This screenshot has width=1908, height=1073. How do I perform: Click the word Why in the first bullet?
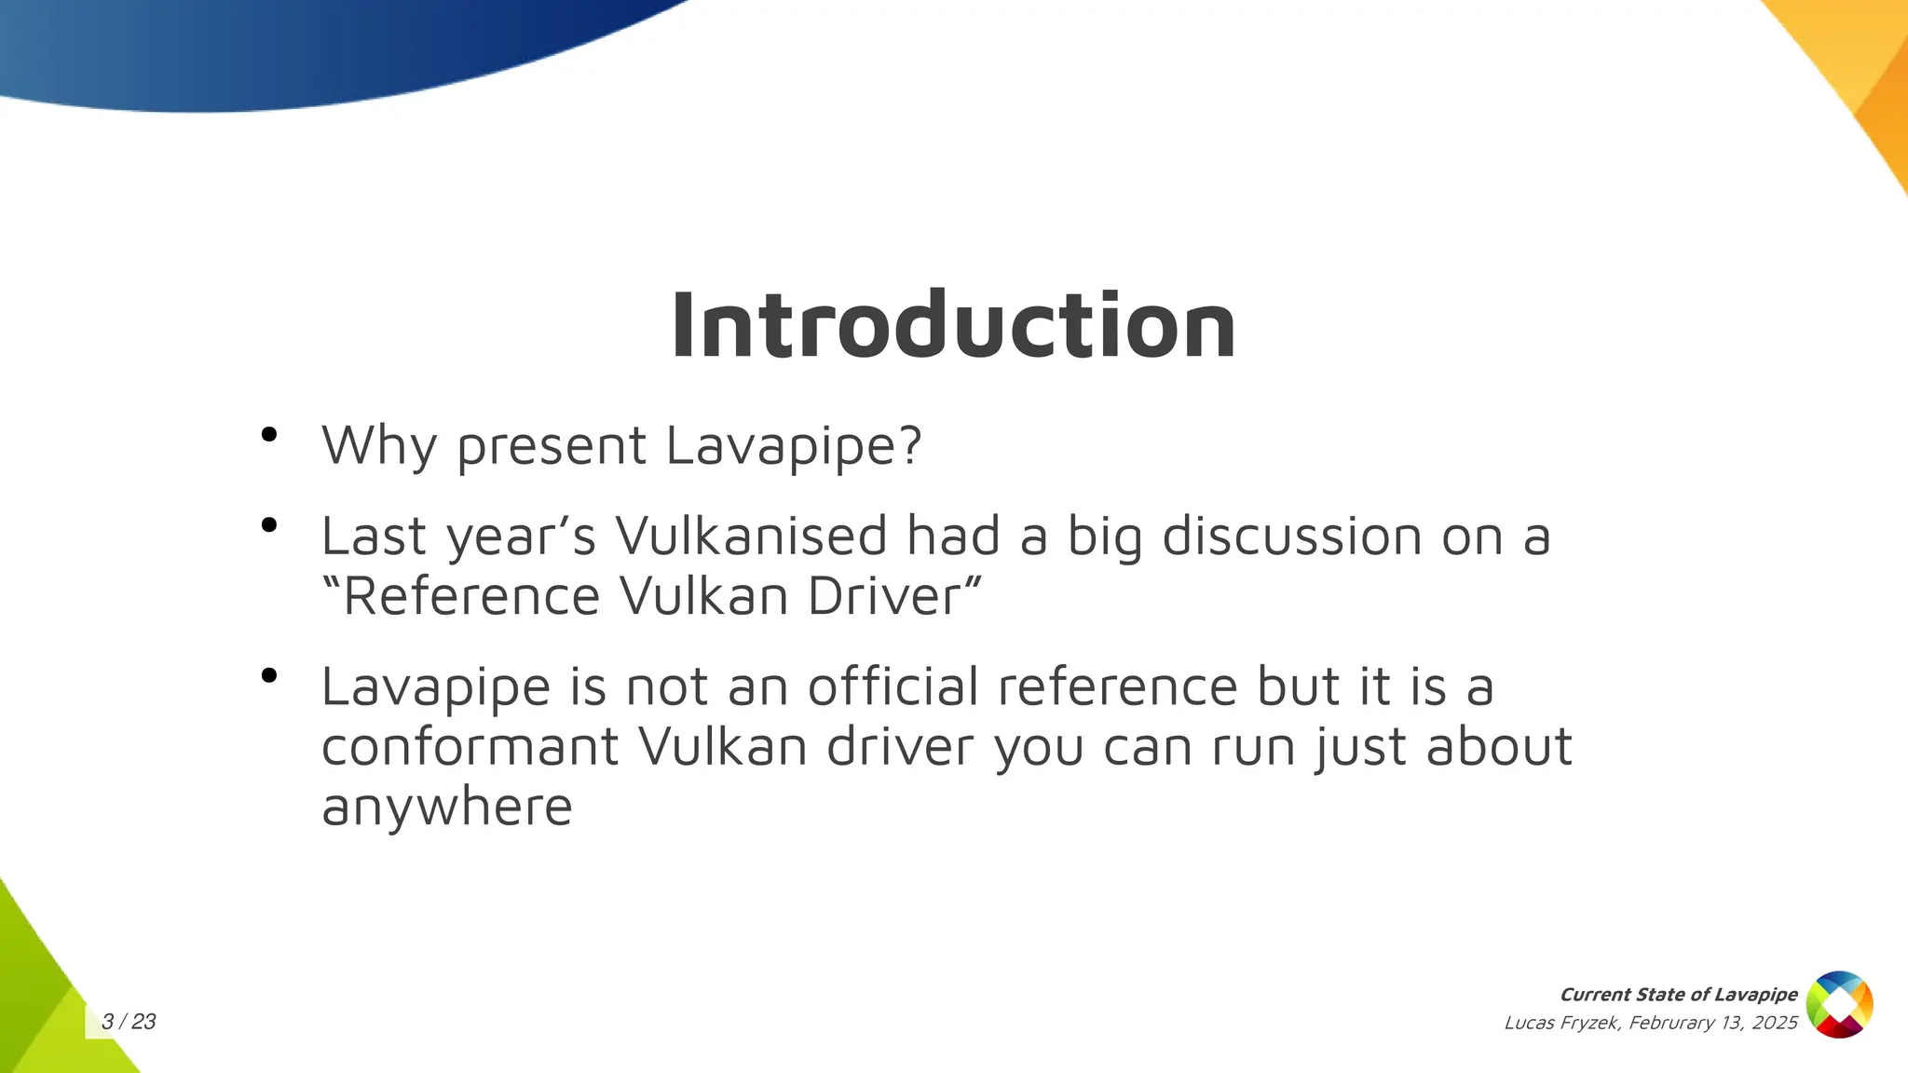click(x=378, y=445)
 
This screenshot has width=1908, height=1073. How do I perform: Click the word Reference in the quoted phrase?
click(x=470, y=596)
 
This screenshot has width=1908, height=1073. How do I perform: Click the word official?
click(x=893, y=686)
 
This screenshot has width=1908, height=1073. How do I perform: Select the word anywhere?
click(x=446, y=807)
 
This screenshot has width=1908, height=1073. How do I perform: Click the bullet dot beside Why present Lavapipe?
click(x=269, y=434)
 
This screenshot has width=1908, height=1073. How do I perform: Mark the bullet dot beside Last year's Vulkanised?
click(x=269, y=525)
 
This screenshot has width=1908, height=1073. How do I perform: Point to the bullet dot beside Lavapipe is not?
click(x=269, y=675)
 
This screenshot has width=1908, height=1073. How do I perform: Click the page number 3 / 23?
click(x=129, y=1022)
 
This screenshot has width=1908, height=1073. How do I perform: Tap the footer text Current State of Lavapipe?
click(x=1678, y=995)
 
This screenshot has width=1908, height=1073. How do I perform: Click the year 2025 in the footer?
click(x=1774, y=1023)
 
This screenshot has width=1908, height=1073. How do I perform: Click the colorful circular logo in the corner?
click(x=1839, y=1005)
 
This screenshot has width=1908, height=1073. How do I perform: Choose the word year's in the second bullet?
click(x=521, y=538)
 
